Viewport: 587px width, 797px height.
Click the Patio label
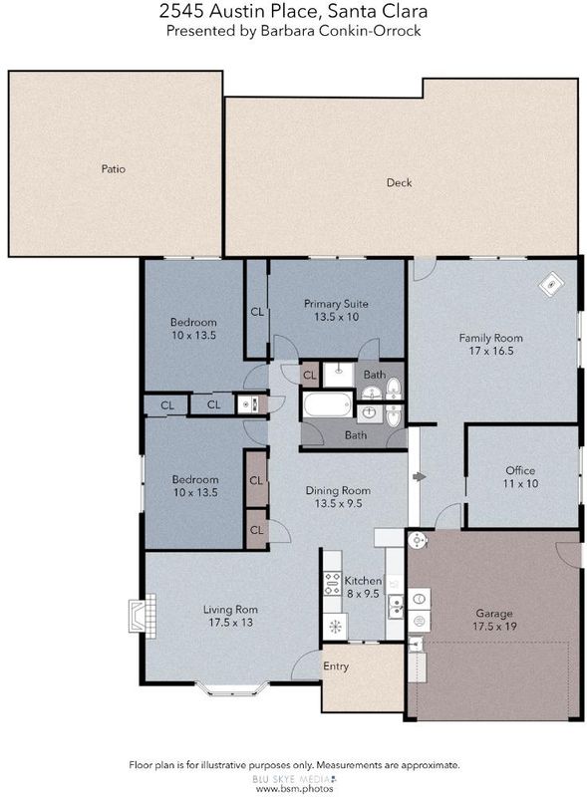[113, 168]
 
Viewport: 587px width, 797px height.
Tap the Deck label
[399, 182]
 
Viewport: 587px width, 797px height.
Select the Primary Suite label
[336, 304]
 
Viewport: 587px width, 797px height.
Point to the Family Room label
[491, 338]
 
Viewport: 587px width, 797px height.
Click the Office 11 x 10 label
[520, 477]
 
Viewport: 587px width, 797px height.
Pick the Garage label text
[494, 614]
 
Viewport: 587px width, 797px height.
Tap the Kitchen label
[363, 581]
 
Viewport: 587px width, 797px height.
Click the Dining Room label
[338, 490]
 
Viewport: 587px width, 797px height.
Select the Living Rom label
[230, 610]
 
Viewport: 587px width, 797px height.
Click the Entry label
[336, 666]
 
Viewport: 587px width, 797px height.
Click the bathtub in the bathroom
[328, 404]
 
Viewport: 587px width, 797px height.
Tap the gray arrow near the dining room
[420, 477]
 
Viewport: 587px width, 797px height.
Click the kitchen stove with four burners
[332, 584]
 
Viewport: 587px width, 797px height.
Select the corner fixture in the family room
[551, 284]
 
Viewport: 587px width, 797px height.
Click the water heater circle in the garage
[417, 540]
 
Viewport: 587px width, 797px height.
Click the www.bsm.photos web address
[294, 789]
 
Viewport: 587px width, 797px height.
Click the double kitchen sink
[397, 607]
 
